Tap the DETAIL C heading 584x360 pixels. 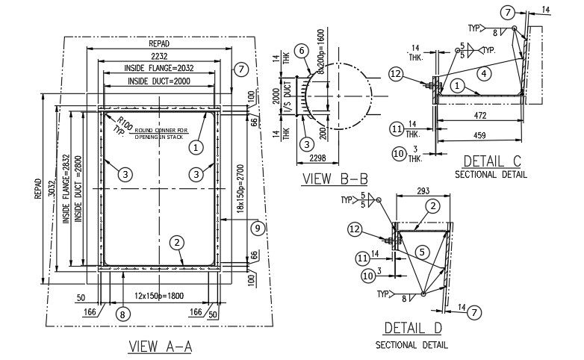(491, 161)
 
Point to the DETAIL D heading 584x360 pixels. (412, 328)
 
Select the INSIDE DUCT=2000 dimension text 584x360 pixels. (158, 81)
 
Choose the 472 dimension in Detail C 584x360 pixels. (480, 116)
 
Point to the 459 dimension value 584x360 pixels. (480, 135)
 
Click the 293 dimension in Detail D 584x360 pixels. (423, 191)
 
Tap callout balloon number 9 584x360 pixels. (258, 229)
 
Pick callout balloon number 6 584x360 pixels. (301, 51)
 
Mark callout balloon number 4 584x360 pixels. (484, 73)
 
